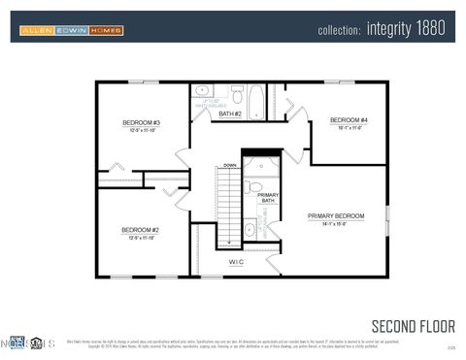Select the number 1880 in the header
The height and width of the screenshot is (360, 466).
(431, 30)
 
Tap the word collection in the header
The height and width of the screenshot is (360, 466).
(340, 31)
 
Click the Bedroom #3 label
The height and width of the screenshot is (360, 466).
(141, 123)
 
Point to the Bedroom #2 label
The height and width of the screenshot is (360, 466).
(140, 230)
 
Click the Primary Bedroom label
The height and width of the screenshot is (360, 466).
(336, 215)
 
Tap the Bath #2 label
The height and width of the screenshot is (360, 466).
(229, 115)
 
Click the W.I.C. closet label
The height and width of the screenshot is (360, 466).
(236, 262)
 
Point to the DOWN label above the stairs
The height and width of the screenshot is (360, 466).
(229, 166)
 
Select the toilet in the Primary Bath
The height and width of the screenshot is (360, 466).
(251, 187)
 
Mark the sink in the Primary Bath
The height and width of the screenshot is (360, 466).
(250, 230)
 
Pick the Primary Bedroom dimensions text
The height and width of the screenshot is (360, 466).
(336, 224)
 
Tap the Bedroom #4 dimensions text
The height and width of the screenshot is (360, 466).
(349, 128)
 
